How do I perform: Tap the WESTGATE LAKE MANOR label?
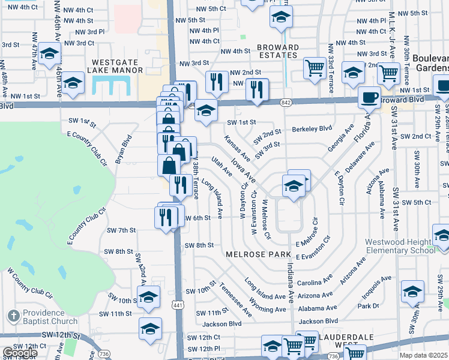pyautogui.click(x=118, y=66)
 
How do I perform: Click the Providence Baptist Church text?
pyautogui.click(x=52, y=317)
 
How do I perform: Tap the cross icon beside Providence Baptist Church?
pyautogui.click(x=13, y=316)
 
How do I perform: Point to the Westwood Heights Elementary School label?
pyautogui.click(x=400, y=247)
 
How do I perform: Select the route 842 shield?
pyautogui.click(x=286, y=103)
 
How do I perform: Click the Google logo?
pyautogui.click(x=20, y=352)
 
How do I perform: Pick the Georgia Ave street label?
pyautogui.click(x=341, y=139)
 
